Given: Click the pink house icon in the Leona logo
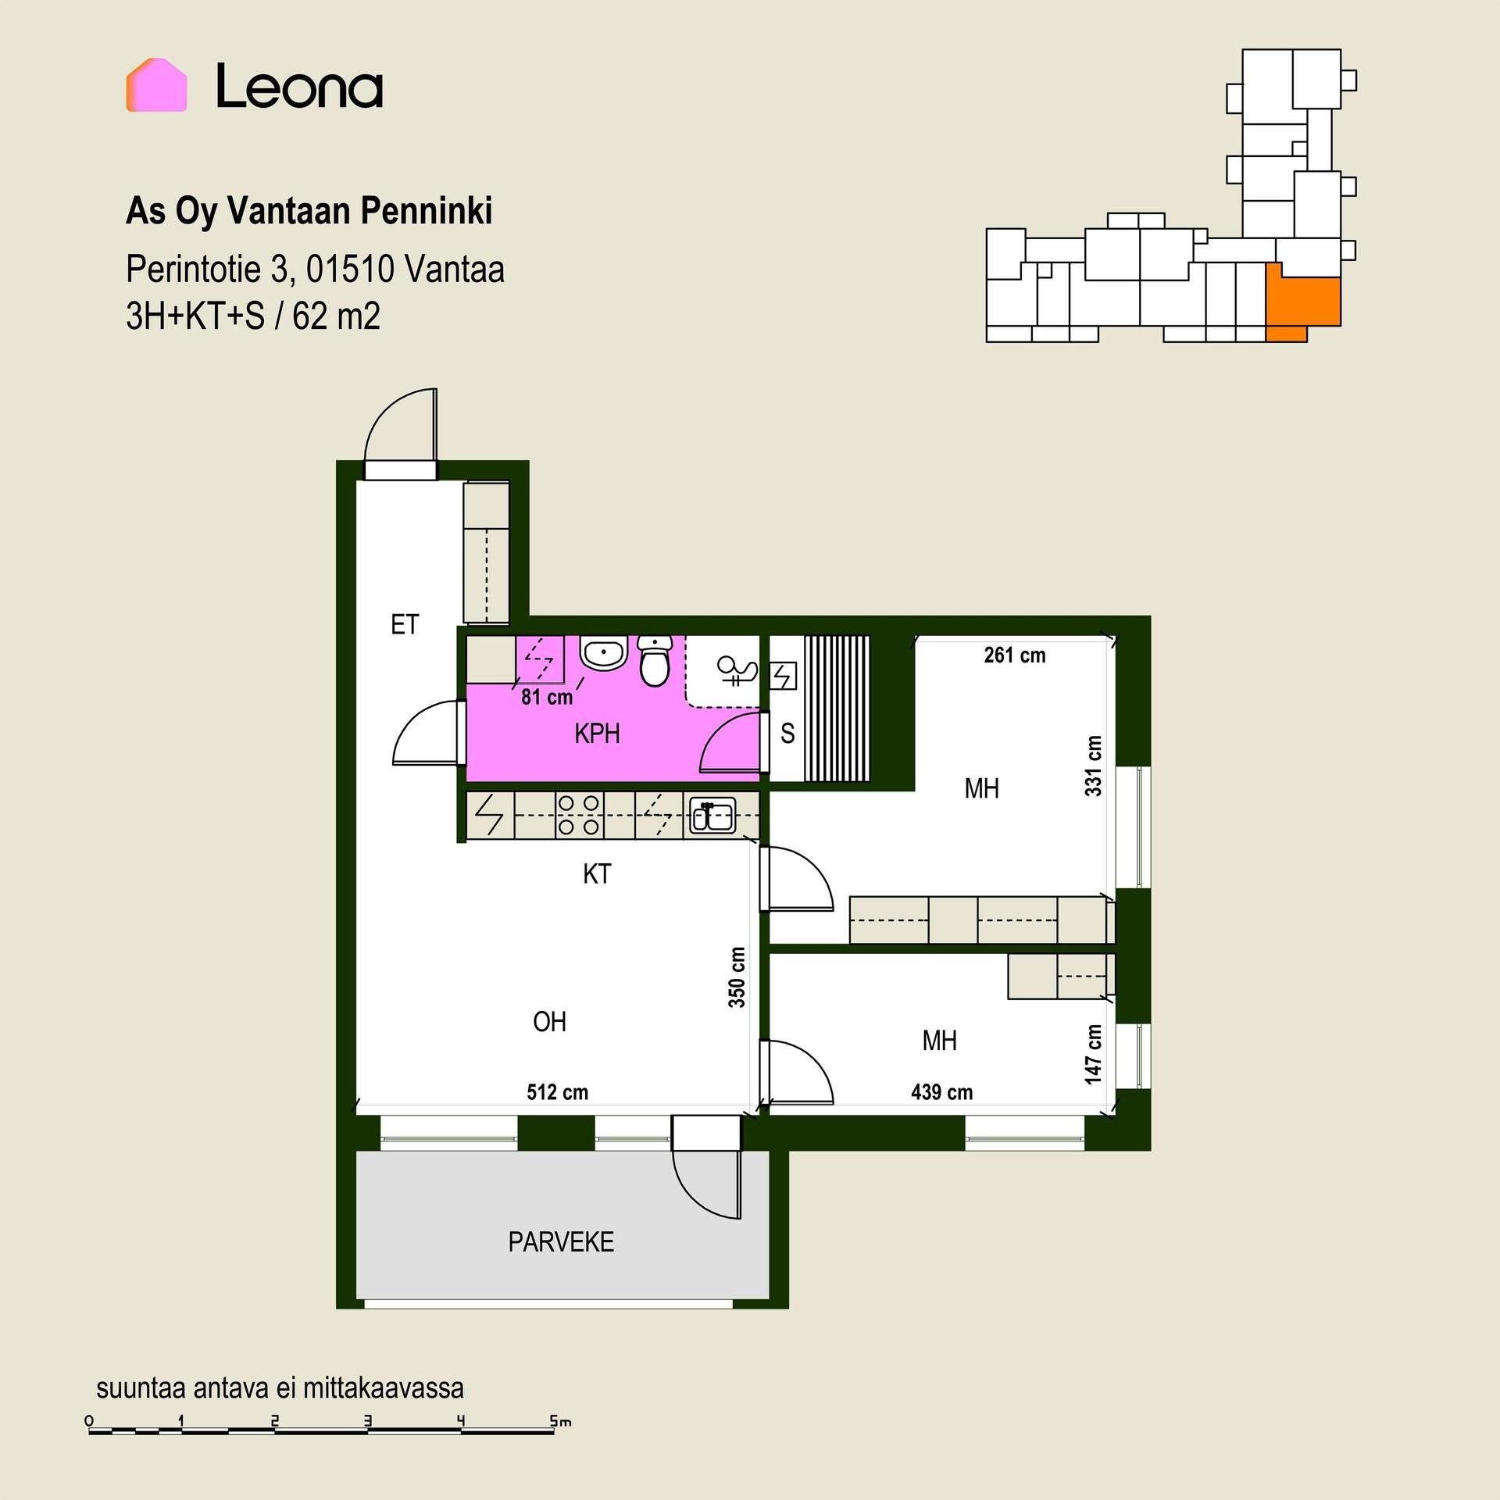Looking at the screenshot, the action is (x=156, y=84).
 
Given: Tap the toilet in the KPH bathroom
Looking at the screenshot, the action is (x=655, y=660).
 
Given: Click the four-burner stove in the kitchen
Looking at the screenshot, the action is (x=579, y=815).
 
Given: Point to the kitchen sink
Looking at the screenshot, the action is (x=711, y=816).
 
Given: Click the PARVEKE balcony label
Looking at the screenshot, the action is (x=561, y=1241).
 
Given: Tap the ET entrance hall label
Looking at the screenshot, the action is (x=405, y=624).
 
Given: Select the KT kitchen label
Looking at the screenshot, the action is (x=597, y=873).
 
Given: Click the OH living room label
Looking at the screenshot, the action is (x=549, y=1021).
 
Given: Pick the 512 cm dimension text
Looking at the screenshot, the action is (x=557, y=1091).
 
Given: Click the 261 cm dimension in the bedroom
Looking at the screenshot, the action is (x=1014, y=655).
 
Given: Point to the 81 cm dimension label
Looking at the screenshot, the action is (x=547, y=696).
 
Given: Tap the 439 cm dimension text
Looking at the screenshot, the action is (x=941, y=1091).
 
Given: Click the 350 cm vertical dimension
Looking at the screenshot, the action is (x=737, y=977).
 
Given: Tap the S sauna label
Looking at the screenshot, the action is (x=787, y=733).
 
